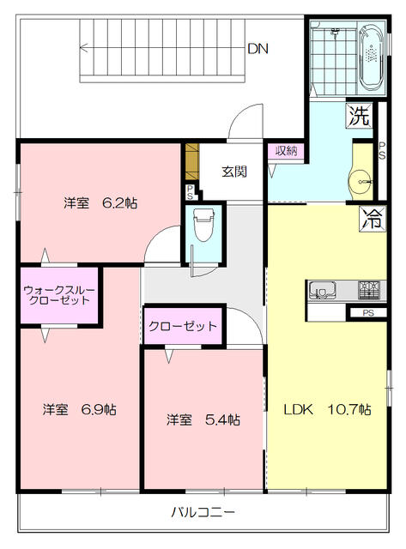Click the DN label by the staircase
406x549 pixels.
click(258, 49)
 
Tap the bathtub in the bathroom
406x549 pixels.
click(371, 58)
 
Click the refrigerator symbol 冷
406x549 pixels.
click(372, 215)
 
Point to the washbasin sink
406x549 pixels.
click(361, 180)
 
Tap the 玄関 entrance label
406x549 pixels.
click(234, 172)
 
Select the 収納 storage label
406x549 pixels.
click(286, 151)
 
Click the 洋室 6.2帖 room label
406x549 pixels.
click(100, 203)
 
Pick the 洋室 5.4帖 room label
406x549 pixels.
click(203, 419)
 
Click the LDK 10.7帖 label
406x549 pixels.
click(328, 409)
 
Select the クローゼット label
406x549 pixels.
click(182, 326)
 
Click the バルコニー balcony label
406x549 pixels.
click(203, 512)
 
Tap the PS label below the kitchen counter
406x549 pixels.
click(367, 313)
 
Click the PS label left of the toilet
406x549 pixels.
click(189, 193)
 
